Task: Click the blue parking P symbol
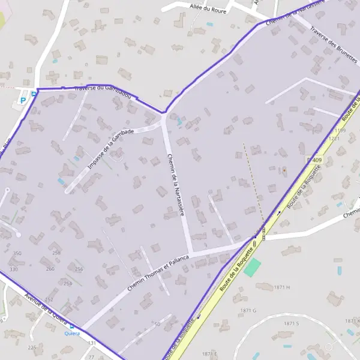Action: [23, 100]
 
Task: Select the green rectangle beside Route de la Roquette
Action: [253, 267]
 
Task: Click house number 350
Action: [17, 253]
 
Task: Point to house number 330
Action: [13, 269]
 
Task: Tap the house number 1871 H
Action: [282, 288]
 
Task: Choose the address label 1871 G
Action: [248, 310]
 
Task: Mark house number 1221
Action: [334, 138]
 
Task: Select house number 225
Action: [32, 347]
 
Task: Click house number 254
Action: [67, 283]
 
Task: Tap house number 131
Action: [91, 343]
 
